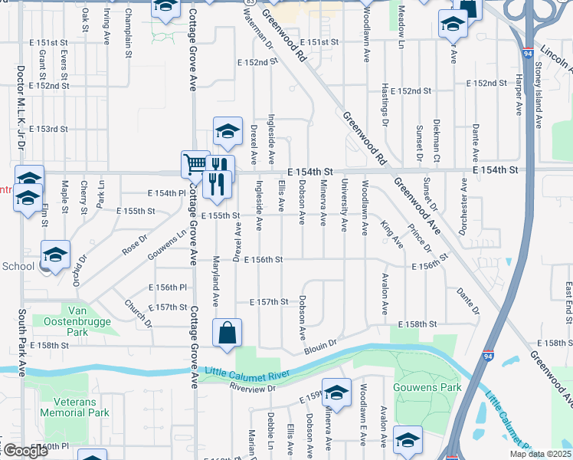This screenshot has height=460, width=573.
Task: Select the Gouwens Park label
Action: click(x=427, y=388)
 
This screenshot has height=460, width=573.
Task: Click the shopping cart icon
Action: click(x=195, y=164)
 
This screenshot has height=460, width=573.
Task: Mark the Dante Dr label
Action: click(x=467, y=300)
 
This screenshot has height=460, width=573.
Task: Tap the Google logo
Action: click(x=25, y=451)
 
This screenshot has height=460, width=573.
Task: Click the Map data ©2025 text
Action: click(x=540, y=454)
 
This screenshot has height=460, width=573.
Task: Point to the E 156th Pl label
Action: click(x=172, y=287)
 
